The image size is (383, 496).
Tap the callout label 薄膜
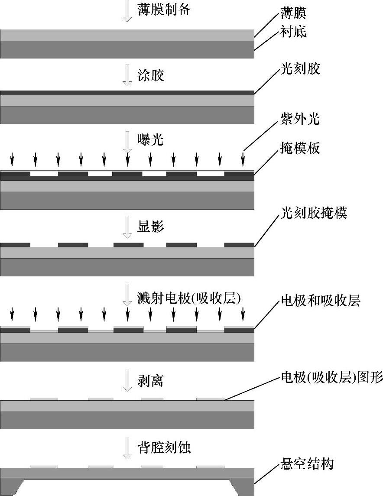[293, 13]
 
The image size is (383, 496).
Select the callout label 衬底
[293, 31]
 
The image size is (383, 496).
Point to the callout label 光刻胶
[300, 68]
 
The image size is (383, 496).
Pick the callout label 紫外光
[300, 119]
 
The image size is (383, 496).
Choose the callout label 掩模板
[300, 148]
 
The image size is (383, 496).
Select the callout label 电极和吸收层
[321, 301]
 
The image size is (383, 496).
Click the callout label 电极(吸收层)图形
[332, 378]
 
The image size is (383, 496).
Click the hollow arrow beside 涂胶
[127, 75]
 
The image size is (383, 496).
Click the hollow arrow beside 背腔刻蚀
[127, 447]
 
